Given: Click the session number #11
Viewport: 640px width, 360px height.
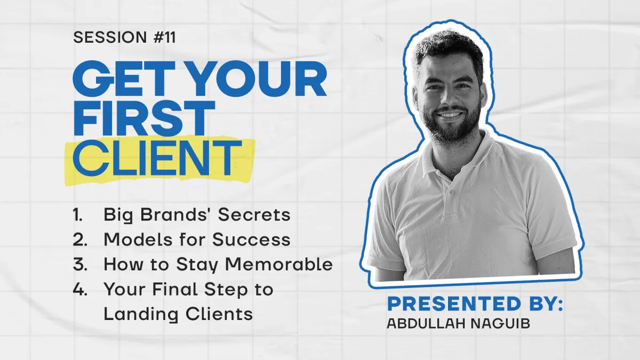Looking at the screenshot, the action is tap(165, 37).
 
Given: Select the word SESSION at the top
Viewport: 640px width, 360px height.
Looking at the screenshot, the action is tap(110, 37).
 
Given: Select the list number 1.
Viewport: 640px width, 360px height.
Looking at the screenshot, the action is tap(77, 214).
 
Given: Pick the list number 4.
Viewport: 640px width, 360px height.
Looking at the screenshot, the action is tap(80, 290).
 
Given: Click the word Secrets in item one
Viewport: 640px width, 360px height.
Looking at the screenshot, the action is tap(254, 214).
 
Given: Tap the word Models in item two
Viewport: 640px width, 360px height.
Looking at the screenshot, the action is tap(138, 239).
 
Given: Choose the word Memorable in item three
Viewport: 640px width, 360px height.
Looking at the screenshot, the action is tap(279, 264).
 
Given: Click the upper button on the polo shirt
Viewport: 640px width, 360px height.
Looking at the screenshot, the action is tap(452, 191).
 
